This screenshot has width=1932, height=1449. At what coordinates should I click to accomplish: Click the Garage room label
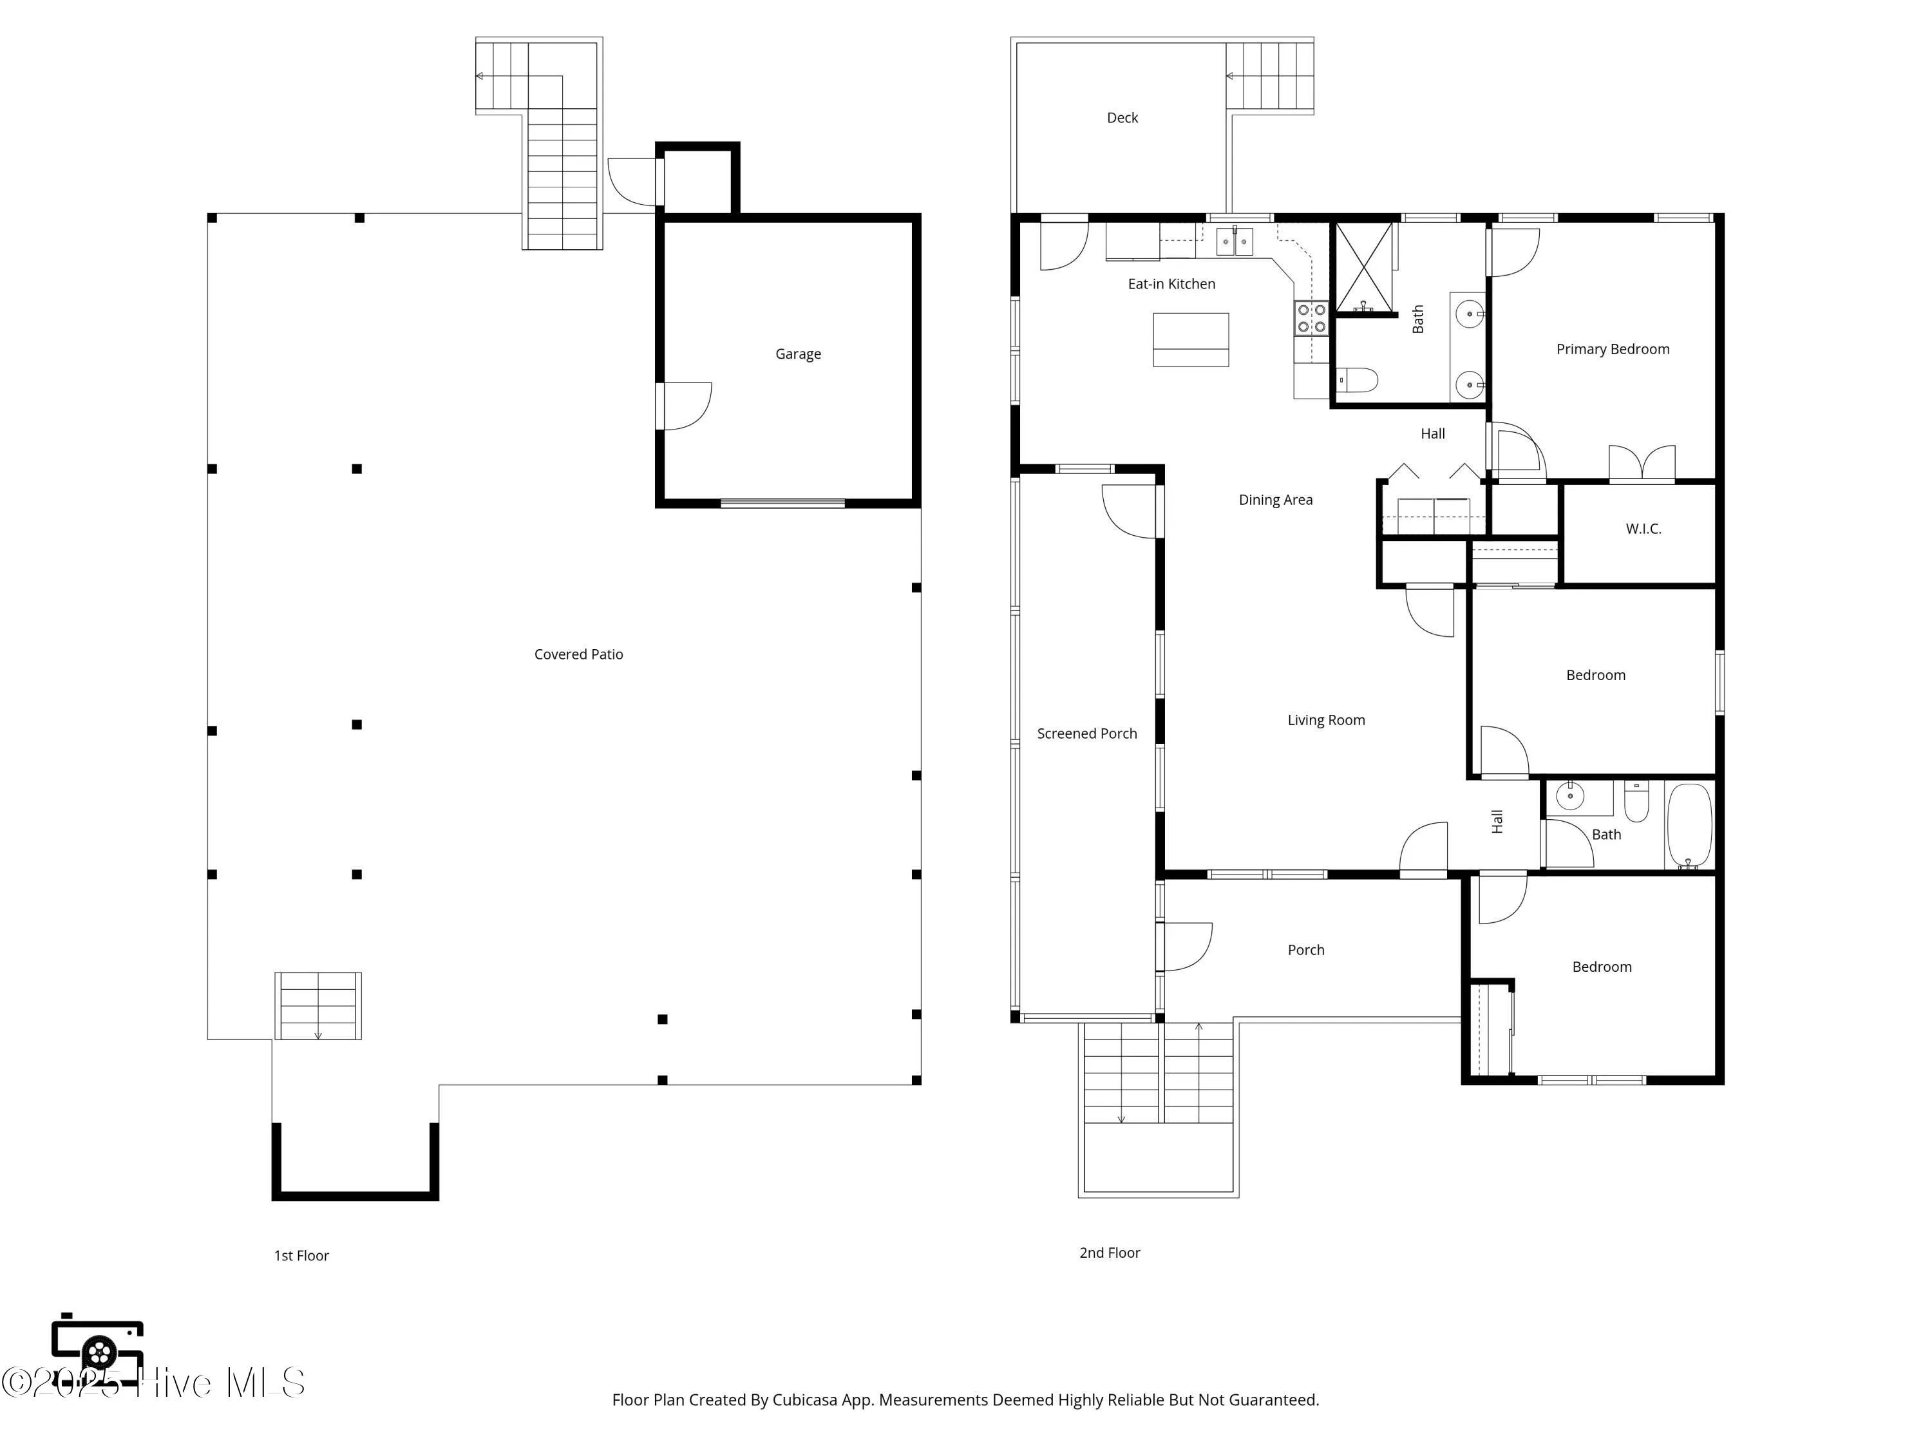point(797,354)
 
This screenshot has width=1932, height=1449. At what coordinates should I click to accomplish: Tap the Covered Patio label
point(578,654)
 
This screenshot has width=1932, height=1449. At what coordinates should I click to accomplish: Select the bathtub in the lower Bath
point(1689,824)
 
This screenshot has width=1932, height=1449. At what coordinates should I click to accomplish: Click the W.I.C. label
point(1643,529)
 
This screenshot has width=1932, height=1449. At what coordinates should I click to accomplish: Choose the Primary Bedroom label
point(1613,349)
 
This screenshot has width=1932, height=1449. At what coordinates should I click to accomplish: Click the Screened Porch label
point(1086,734)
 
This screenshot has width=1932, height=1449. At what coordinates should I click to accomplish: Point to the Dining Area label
point(1275,500)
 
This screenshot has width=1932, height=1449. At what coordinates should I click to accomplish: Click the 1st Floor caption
point(301,1255)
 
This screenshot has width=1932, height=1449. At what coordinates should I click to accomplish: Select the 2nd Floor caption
point(1109,1253)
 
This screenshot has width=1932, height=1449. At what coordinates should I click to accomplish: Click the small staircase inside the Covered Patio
point(318,1005)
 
